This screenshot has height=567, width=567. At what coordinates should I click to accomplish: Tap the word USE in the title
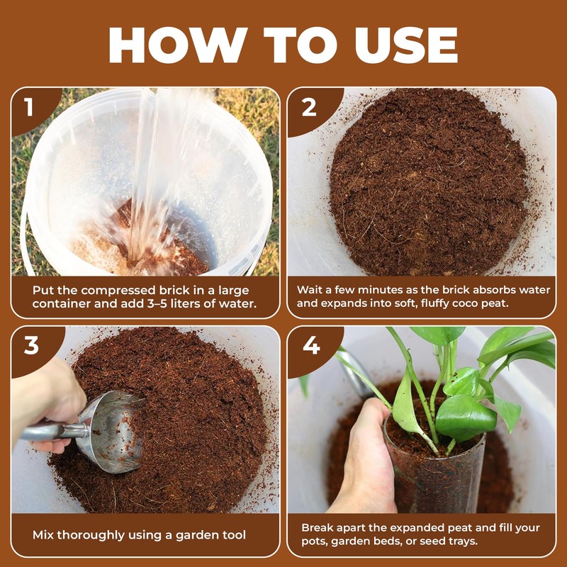[406, 45]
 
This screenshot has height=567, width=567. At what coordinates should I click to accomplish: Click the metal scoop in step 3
[91, 431]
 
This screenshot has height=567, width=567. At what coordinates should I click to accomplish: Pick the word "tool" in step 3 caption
[235, 535]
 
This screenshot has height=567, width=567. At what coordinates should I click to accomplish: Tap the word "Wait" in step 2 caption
[308, 290]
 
